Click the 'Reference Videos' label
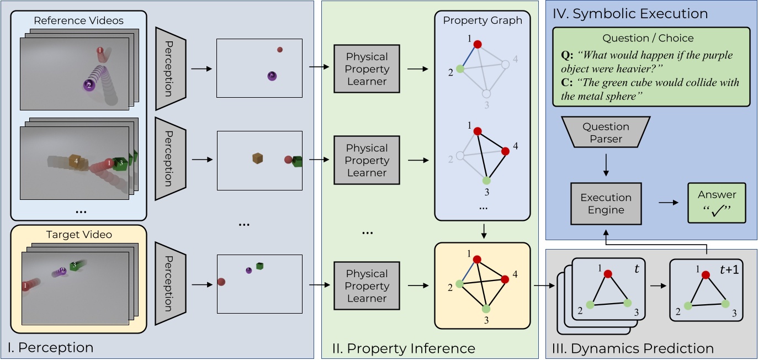point(78,21)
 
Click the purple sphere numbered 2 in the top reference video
point(87,84)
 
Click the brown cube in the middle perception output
point(257,158)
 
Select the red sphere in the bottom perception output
point(221,282)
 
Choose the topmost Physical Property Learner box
point(367,69)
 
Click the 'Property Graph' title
point(482,20)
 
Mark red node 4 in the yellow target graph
point(504,279)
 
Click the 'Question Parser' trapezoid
point(606,133)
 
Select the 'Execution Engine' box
point(606,203)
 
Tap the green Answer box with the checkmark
point(717,203)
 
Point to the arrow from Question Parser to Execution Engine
point(606,165)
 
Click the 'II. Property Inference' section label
point(403,348)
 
